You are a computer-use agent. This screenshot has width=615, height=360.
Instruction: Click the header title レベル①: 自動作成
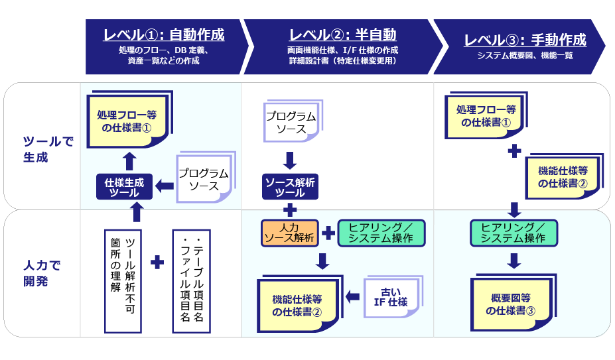163,34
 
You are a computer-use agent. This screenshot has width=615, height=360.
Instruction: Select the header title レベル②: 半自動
342,34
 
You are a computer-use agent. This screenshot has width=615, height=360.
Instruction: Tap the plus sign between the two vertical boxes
157,263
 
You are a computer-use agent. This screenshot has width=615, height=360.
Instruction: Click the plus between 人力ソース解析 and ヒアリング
328,233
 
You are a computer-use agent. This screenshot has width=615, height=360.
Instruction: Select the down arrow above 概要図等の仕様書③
514,260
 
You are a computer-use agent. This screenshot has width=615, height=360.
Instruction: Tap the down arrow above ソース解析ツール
290,160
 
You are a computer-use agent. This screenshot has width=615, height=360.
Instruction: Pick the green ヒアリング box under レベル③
514,233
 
